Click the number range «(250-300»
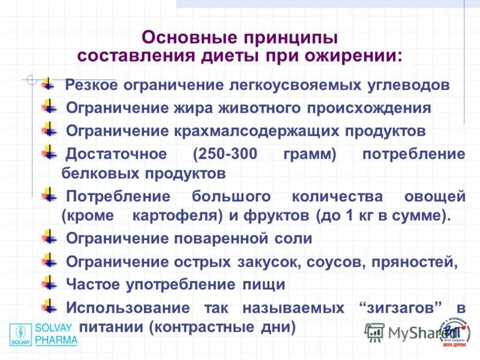pyautogui.click(x=224, y=154)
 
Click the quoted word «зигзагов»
pyautogui.click(x=404, y=308)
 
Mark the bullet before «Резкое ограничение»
pyautogui.click(x=48, y=83)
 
